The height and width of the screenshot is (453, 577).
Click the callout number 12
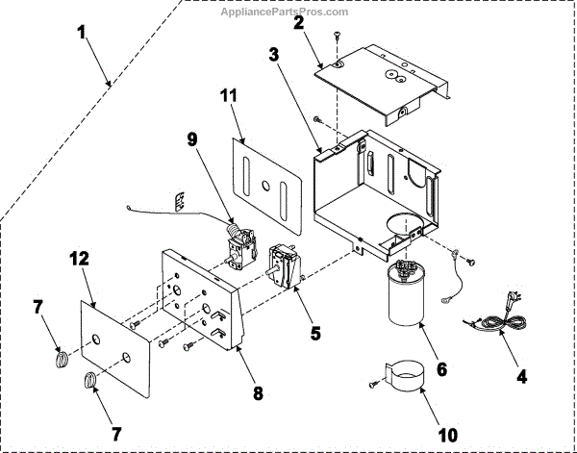pos(79,261)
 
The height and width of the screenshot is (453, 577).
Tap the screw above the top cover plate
pos(338,37)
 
